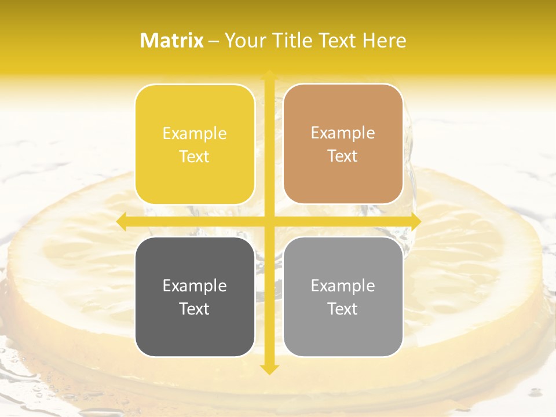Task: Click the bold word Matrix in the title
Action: click(172, 41)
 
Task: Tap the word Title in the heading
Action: click(292, 41)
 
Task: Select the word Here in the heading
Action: click(384, 41)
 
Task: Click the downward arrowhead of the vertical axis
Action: click(269, 369)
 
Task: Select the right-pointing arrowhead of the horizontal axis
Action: click(415, 221)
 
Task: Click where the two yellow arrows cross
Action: click(269, 221)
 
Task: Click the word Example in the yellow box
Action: click(195, 133)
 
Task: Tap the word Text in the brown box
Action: click(343, 156)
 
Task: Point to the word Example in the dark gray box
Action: click(195, 286)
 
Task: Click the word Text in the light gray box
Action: click(343, 309)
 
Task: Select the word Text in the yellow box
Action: click(195, 156)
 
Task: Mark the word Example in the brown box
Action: click(343, 133)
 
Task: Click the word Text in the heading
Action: click(337, 41)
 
